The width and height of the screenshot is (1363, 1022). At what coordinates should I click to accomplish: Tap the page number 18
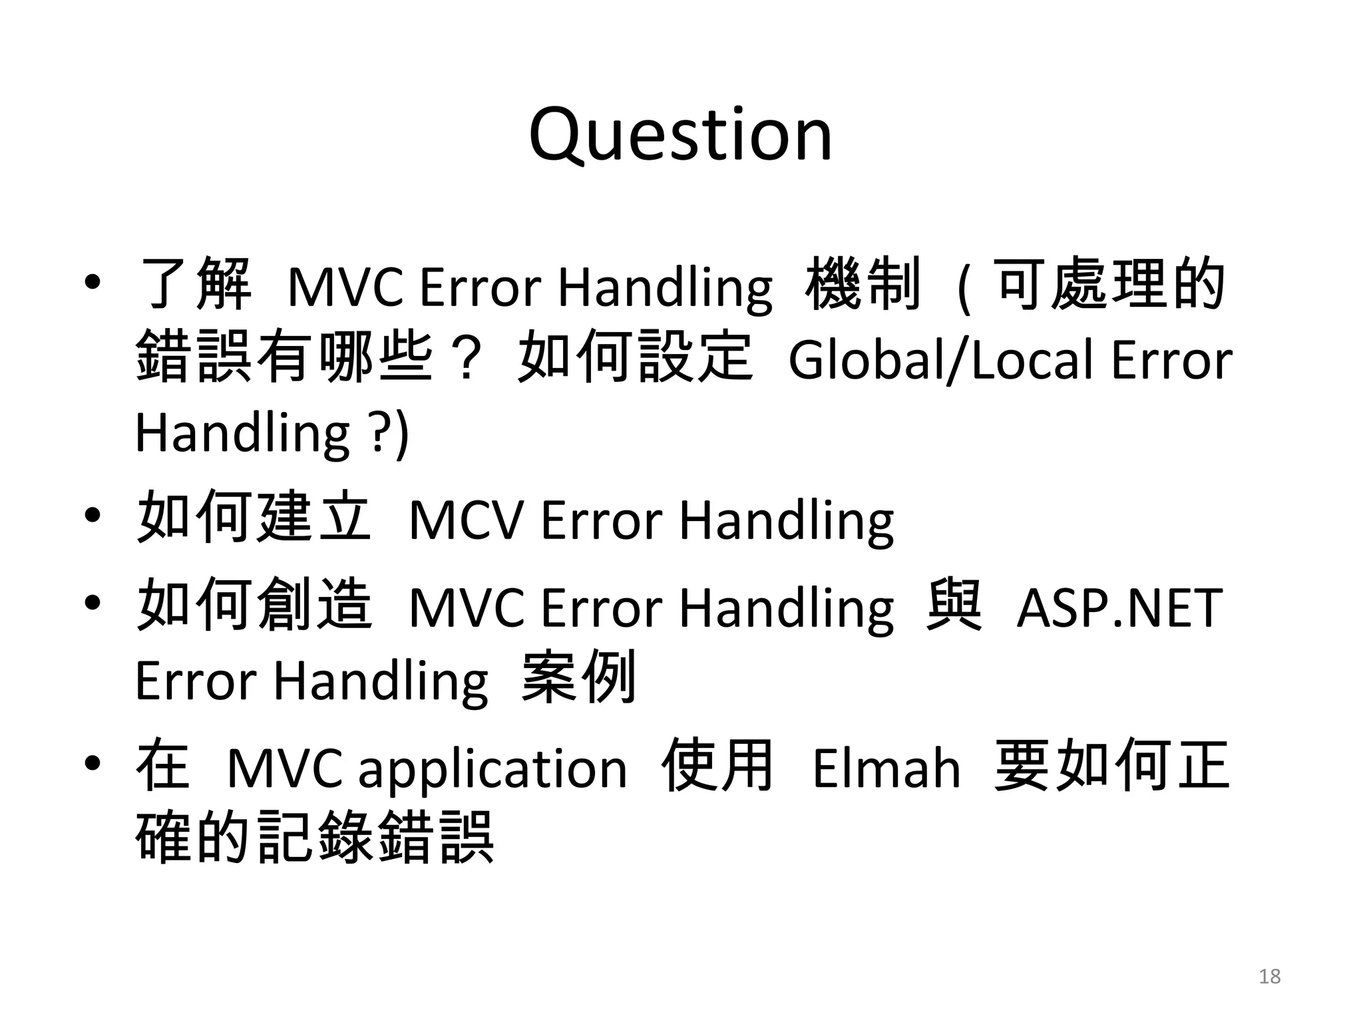click(x=1270, y=976)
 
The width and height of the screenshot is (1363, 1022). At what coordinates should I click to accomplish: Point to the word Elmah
click(x=886, y=769)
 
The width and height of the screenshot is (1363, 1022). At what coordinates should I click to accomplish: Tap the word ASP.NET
click(x=1119, y=607)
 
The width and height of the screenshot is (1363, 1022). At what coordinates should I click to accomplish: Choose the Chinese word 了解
click(x=193, y=284)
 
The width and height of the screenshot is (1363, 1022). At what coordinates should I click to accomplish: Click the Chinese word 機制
click(x=863, y=284)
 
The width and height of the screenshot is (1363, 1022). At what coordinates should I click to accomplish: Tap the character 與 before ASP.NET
click(x=954, y=605)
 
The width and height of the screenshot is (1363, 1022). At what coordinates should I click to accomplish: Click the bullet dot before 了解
click(x=93, y=283)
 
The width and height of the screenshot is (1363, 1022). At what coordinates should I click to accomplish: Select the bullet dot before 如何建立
click(x=93, y=516)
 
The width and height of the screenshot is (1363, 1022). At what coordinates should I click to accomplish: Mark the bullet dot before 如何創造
click(x=93, y=603)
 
